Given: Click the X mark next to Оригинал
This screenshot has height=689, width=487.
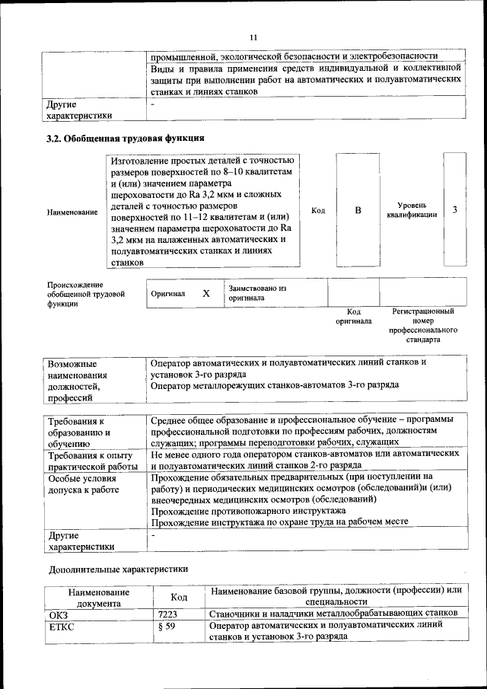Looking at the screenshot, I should click(205, 293).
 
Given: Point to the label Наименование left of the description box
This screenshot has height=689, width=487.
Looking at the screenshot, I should click(72, 212).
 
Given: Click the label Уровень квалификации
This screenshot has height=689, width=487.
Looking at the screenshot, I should click(412, 210).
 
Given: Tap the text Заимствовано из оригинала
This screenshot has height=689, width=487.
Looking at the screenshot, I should click(257, 294).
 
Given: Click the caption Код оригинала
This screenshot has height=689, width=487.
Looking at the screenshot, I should click(354, 317).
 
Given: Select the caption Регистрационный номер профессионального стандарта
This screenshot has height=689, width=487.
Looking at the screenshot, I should click(423, 326).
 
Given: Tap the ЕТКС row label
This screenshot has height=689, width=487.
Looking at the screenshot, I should click(62, 627).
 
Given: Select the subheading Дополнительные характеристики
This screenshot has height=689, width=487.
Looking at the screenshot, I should click(117, 569).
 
